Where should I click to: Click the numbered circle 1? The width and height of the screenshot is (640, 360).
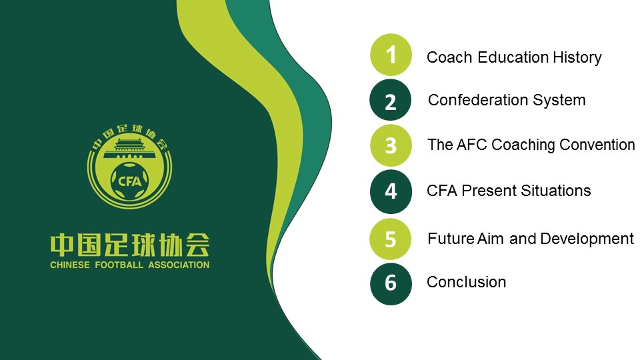[391, 55]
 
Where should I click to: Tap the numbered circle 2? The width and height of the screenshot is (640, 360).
[390, 100]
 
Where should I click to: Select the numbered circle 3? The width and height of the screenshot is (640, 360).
[391, 145]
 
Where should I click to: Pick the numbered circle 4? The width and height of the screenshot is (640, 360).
[391, 191]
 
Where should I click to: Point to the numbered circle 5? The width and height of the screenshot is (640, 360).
[390, 239]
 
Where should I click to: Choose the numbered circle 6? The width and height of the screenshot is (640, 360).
[391, 284]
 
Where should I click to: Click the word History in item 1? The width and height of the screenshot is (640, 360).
[577, 57]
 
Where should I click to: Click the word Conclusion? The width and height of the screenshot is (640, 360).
[466, 282]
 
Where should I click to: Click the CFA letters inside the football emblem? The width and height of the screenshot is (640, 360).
[129, 181]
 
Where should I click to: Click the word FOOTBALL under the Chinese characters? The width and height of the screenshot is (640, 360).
[119, 265]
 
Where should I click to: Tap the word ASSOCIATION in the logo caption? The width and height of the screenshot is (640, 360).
[179, 265]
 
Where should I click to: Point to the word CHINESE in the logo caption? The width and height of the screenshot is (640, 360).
[70, 265]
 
